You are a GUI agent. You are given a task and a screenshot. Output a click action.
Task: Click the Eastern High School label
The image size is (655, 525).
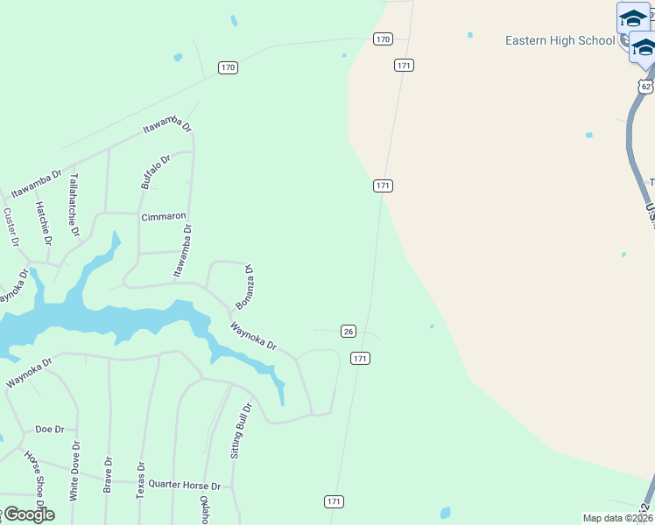click(560, 40)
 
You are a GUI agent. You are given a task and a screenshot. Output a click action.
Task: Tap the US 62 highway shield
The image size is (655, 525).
click(645, 87)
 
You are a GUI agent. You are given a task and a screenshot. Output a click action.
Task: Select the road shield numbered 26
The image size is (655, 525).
click(349, 331)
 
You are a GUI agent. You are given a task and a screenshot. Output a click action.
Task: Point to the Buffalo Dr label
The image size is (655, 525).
click(154, 170)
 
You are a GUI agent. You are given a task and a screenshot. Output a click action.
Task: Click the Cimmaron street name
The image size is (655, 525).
click(164, 216)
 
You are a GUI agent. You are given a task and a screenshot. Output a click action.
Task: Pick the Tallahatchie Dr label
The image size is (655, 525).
click(74, 205)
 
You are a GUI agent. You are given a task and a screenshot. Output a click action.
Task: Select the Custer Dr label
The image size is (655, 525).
click(11, 227)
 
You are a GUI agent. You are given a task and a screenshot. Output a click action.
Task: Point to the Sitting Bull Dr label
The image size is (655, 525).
click(241, 431)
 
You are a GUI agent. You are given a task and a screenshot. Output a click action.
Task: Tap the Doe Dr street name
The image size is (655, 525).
click(50, 430)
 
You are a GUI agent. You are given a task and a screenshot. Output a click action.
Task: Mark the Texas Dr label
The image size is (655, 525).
click(139, 479)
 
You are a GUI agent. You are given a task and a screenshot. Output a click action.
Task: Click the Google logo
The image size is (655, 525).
click(28, 514)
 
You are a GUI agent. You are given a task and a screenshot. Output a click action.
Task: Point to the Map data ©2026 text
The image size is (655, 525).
click(617, 518)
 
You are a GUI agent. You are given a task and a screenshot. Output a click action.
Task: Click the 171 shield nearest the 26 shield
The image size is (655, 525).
click(360, 359)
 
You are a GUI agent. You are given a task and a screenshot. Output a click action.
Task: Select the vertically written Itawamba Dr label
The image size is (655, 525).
click(182, 251)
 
